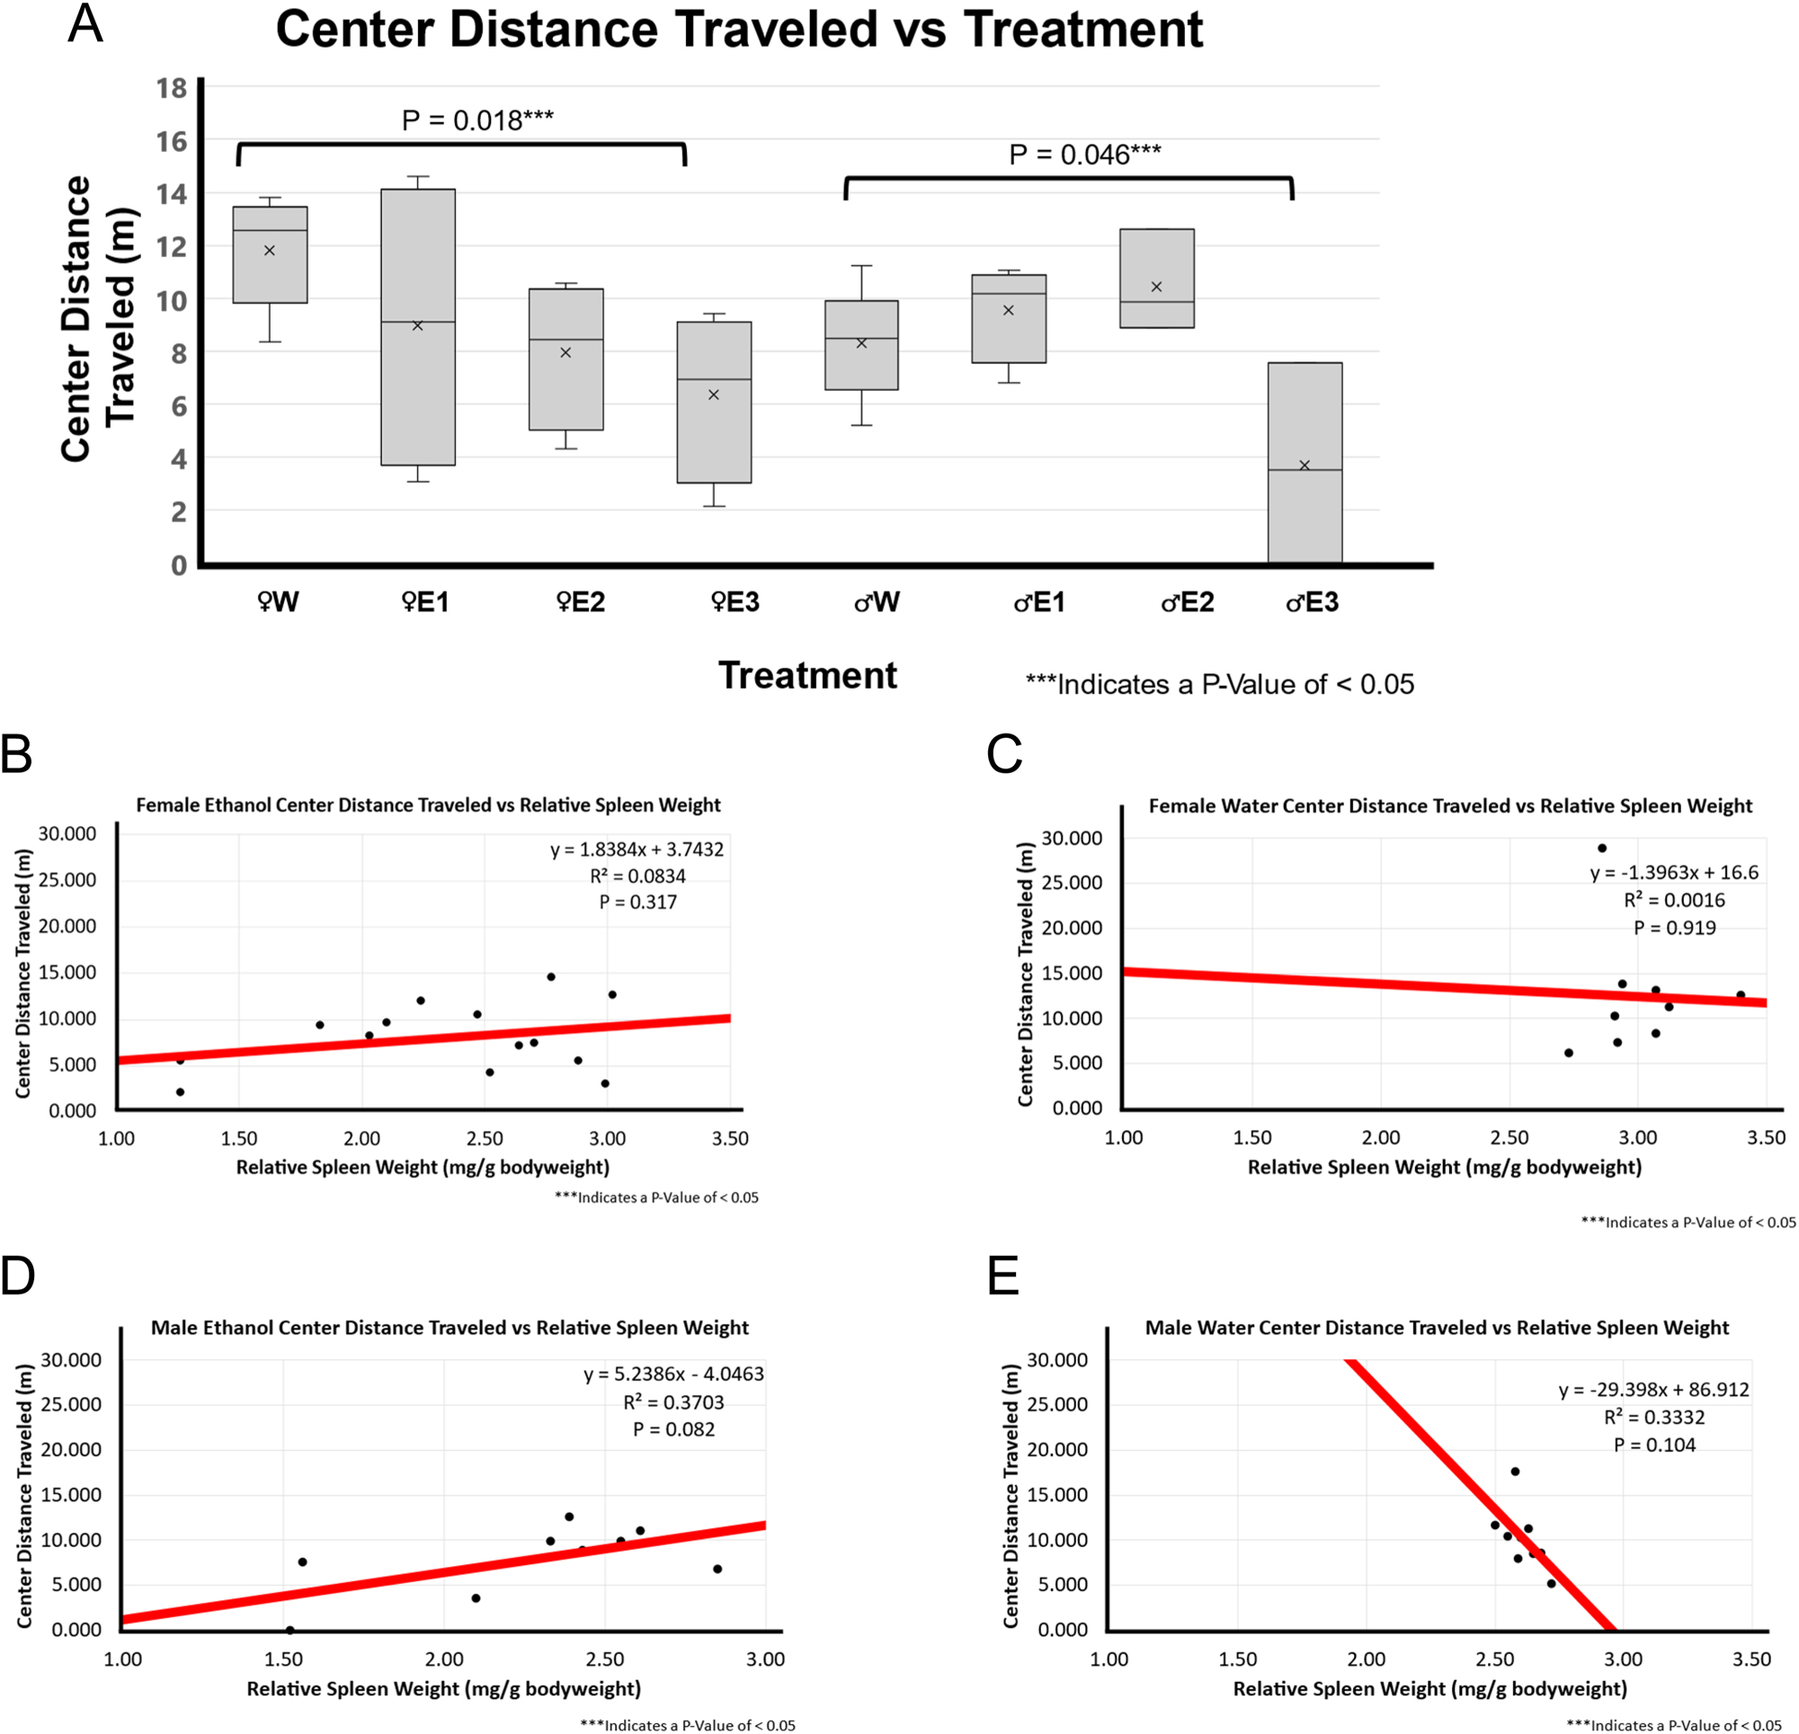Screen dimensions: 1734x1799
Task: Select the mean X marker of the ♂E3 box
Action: click(1305, 466)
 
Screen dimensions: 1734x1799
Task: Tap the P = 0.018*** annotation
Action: click(477, 120)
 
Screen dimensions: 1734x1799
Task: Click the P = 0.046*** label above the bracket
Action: click(1085, 155)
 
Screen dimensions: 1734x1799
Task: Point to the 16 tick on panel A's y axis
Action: click(172, 141)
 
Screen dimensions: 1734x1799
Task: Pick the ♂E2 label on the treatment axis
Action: click(1188, 602)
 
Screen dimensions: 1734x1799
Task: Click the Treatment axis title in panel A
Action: click(806, 676)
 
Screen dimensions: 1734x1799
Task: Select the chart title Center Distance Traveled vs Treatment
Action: click(739, 30)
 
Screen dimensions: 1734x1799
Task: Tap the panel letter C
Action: click(1004, 754)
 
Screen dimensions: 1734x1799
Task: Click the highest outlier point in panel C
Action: click(1602, 849)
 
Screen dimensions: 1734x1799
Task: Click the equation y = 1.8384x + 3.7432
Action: click(637, 849)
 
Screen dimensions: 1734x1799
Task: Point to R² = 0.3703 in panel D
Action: click(673, 1402)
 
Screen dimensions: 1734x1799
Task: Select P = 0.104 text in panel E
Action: click(1654, 1445)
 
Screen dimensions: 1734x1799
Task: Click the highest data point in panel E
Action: click(1515, 1472)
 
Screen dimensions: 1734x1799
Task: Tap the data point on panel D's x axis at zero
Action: click(290, 1631)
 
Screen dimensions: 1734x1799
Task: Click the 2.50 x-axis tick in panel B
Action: click(485, 1139)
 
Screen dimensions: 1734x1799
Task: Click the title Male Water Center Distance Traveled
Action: click(1437, 1328)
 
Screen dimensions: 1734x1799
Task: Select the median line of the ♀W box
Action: click(270, 230)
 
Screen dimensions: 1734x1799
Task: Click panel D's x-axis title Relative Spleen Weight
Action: click(443, 1688)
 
